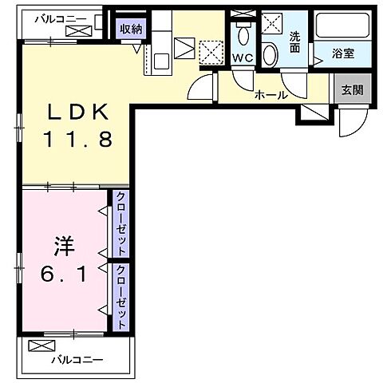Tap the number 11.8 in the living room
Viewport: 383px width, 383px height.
coord(77,140)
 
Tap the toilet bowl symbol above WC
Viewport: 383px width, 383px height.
coord(243,34)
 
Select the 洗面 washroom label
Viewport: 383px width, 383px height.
coord(294,41)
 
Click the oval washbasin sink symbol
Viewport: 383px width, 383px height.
coord(270,54)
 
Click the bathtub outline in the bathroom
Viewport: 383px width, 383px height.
coord(344,26)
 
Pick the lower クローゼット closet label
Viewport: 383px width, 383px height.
coord(122,297)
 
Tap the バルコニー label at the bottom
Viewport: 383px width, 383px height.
coord(77,359)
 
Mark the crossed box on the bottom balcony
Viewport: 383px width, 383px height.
coord(38,346)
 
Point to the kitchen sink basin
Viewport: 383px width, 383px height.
coord(157,60)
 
